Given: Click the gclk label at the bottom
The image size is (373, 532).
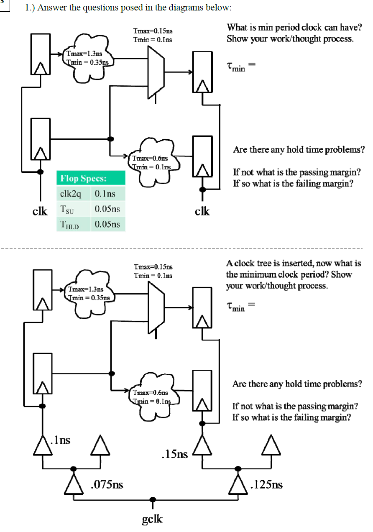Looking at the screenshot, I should pyautogui.click(x=152, y=519).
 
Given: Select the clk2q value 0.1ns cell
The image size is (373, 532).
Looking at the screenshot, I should pyautogui.click(x=105, y=194).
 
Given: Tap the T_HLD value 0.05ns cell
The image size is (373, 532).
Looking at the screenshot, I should pyautogui.click(x=107, y=224).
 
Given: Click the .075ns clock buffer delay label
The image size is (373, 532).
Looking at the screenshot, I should pyautogui.click(x=107, y=485).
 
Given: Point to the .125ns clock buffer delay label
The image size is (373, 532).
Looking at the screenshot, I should pyautogui.click(x=266, y=485).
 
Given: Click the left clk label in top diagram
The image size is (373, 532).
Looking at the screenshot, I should pyautogui.click(x=40, y=211).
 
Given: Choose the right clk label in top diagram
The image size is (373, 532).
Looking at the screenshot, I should pyautogui.click(x=202, y=211).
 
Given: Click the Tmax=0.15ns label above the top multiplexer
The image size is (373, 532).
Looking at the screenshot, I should pyautogui.click(x=153, y=31).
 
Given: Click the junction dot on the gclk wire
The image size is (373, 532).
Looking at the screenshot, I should pyautogui.click(x=153, y=499).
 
